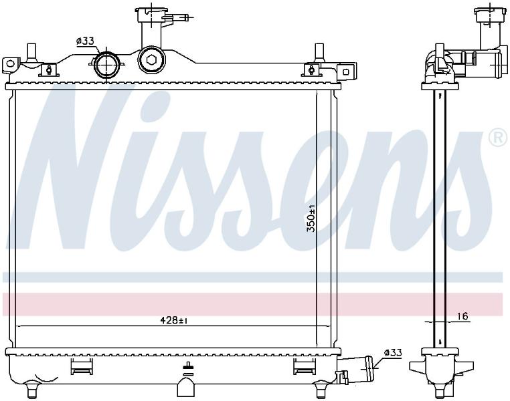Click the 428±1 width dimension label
click(174, 321)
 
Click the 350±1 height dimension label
click(311, 218)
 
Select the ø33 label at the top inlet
click(85, 41)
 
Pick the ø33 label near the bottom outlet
click(393, 353)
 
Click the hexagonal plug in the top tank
click(151, 59)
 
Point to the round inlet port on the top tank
click(106, 64)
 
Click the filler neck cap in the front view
click(151, 11)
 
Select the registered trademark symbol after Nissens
click(498, 138)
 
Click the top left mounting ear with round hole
click(10, 65)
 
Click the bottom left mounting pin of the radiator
click(32, 390)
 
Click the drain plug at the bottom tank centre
click(187, 387)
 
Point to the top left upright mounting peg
click(31, 53)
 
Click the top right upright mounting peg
click(319, 53)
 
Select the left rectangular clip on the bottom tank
click(81, 366)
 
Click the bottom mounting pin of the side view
click(440, 390)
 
